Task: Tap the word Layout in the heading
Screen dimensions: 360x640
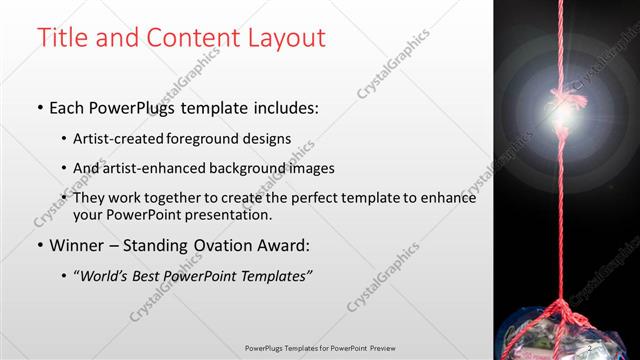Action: click(286, 39)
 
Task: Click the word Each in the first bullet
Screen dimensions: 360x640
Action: click(67, 106)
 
